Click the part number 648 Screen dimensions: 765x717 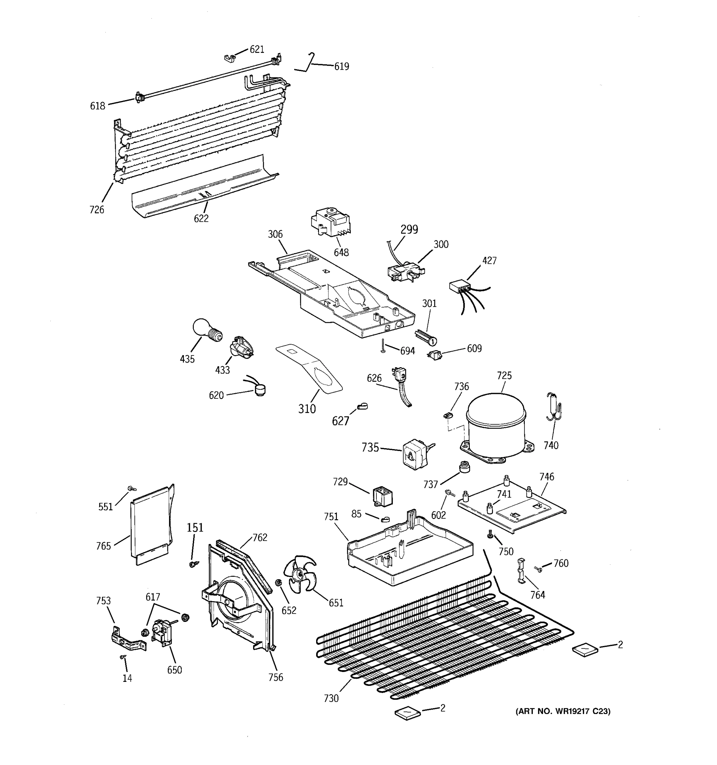(x=341, y=252)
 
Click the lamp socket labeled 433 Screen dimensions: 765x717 (x=241, y=347)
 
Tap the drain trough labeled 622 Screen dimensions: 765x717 (x=204, y=187)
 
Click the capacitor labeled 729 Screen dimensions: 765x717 (x=382, y=496)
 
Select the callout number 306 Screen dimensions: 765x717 (x=275, y=234)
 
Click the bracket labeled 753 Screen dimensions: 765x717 (x=128, y=640)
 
